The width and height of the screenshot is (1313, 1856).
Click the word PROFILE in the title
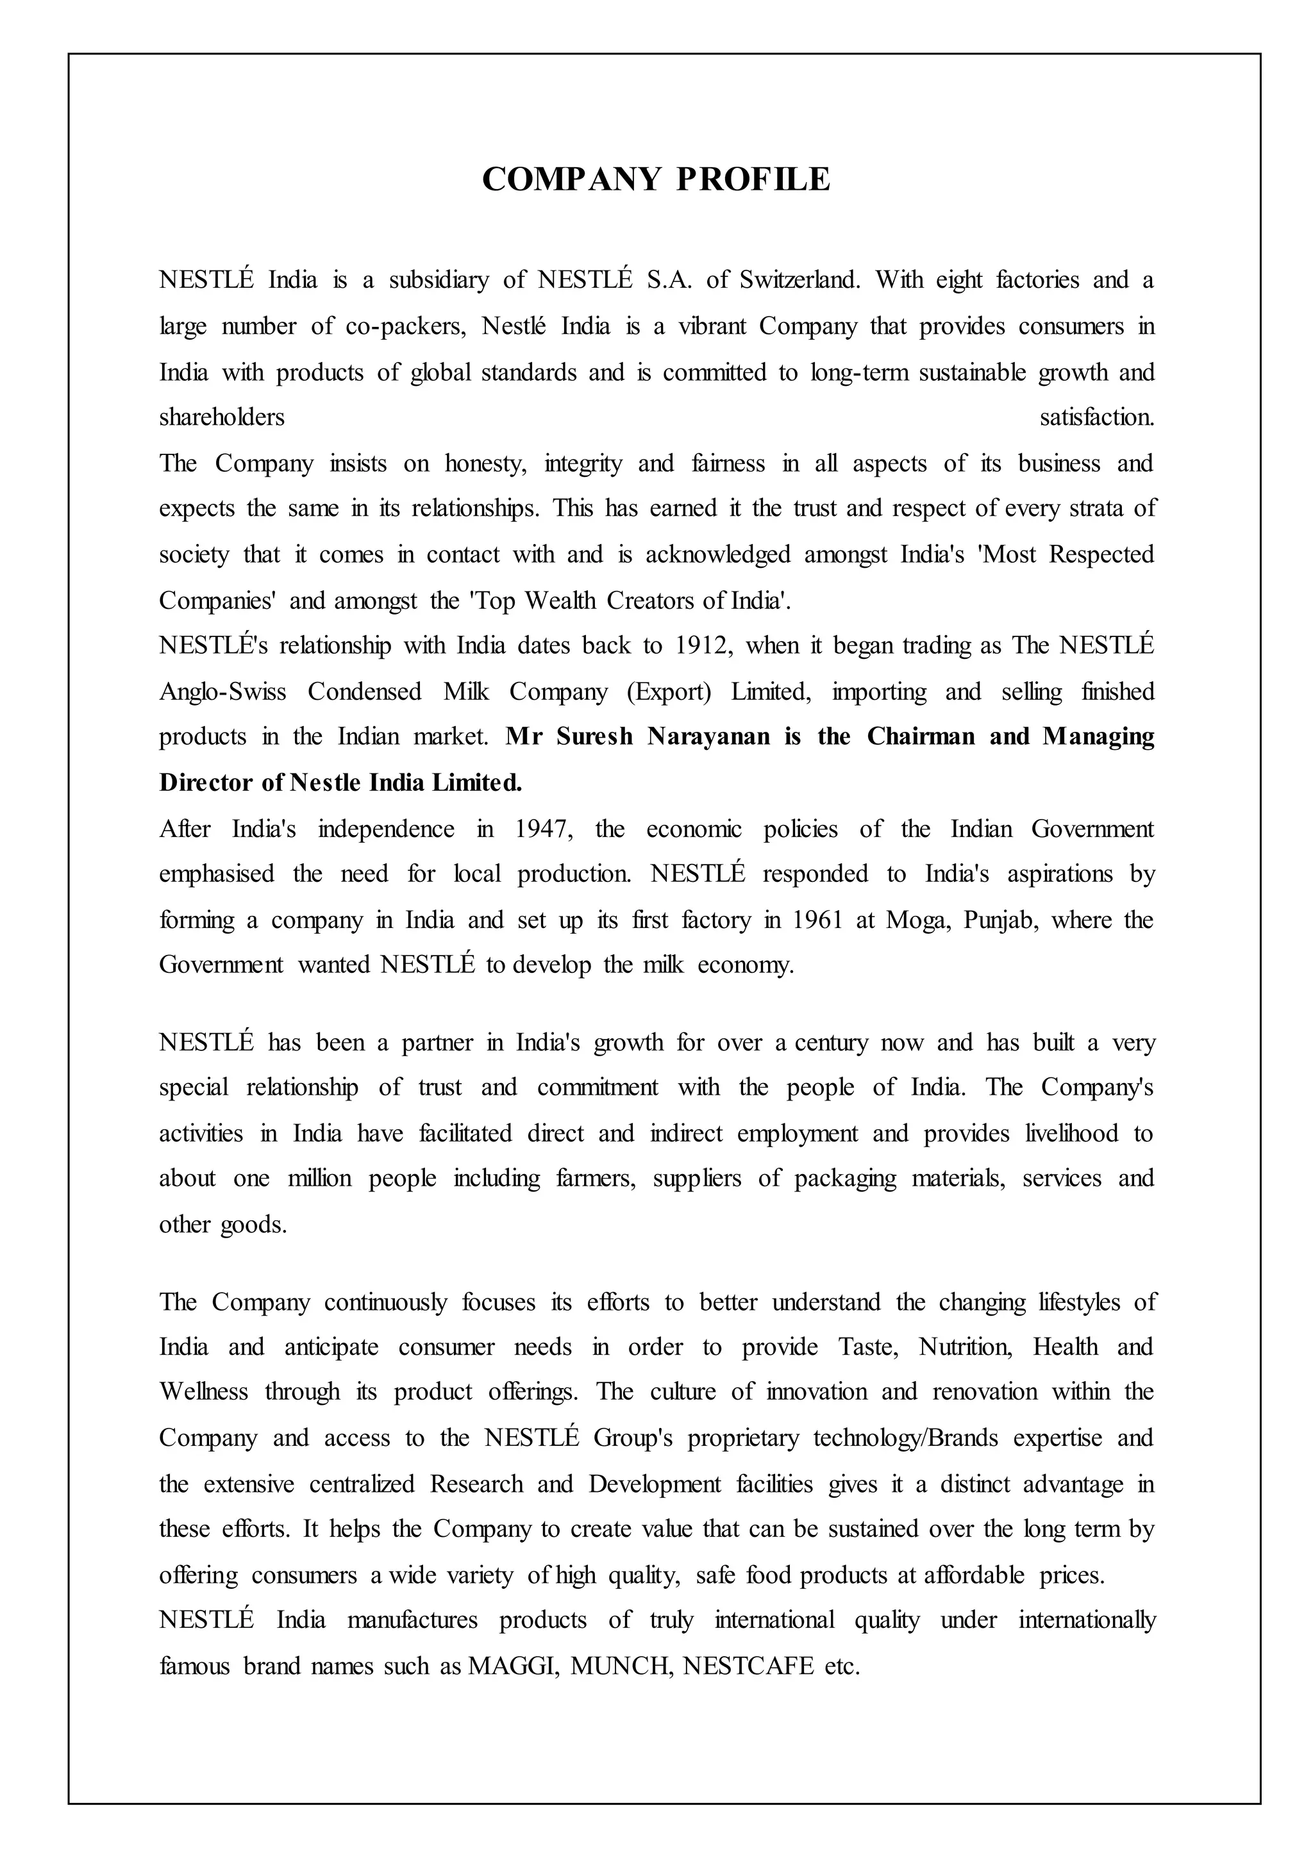(753, 179)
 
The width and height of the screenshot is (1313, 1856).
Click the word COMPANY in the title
(572, 179)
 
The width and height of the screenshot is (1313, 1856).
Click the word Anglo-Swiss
(222, 692)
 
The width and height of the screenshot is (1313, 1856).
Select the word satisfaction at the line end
(1097, 418)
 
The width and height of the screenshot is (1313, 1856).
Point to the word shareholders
(222, 418)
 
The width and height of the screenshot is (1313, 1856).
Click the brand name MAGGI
(514, 1667)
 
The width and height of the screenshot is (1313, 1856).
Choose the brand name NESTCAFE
(748, 1667)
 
